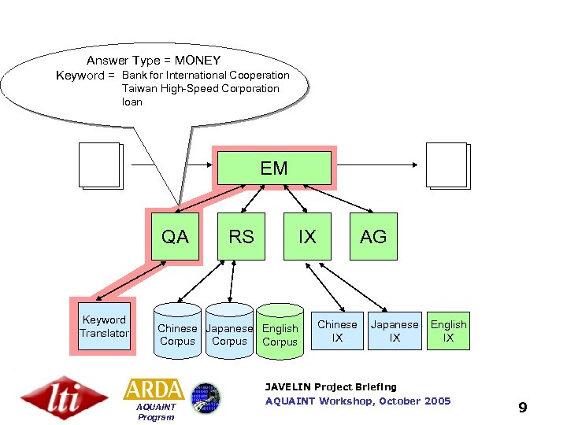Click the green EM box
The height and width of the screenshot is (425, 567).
(x=274, y=168)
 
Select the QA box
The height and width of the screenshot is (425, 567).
(x=175, y=236)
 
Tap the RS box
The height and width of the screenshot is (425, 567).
(x=241, y=236)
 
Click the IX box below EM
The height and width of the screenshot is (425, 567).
(x=307, y=236)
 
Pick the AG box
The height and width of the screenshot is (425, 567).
(x=373, y=236)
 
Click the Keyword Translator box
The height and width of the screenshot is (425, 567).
(x=103, y=327)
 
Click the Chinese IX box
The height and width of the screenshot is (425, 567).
(x=337, y=331)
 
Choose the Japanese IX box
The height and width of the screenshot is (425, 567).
(x=395, y=331)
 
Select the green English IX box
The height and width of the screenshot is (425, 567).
(x=448, y=331)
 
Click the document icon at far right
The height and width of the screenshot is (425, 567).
(x=447, y=166)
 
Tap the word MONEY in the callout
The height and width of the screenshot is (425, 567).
(x=198, y=61)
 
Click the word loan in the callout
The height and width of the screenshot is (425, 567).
(x=132, y=102)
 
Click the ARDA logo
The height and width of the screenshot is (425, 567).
(x=154, y=390)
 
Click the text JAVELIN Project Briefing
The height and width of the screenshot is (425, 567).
(x=331, y=387)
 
